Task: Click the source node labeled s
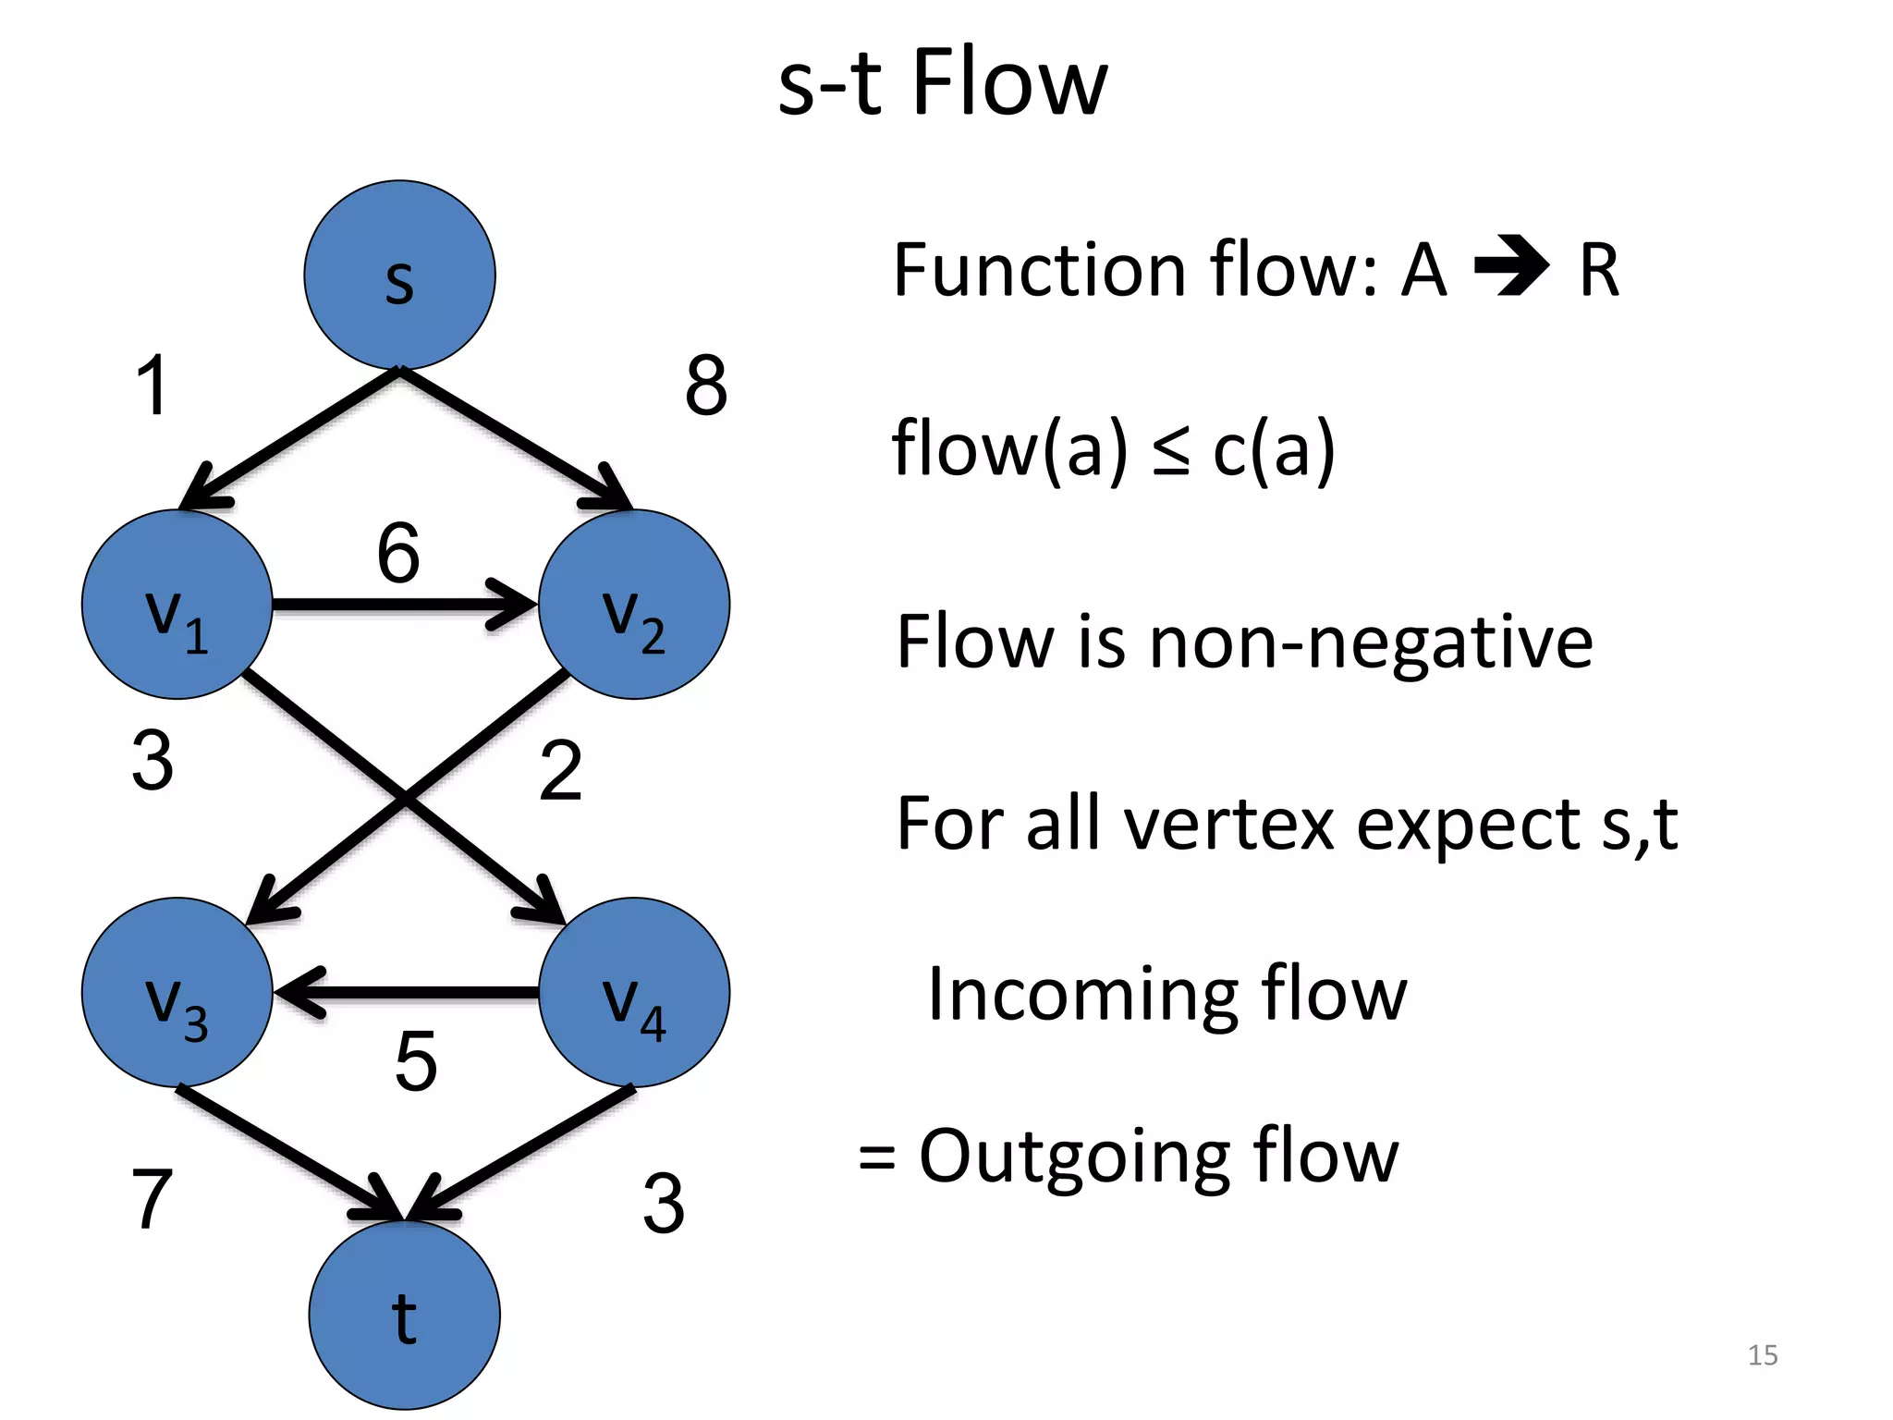pos(399,275)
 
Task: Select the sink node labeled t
pos(404,1315)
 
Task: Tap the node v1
pos(177,605)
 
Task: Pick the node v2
pos(634,605)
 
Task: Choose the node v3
pos(177,992)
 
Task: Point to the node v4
pos(634,992)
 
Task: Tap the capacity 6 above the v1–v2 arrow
pos(398,553)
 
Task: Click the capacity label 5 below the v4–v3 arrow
pos(415,1061)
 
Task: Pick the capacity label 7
pos(153,1198)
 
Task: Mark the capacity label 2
pos(560,770)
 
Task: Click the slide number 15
pos(1763,1354)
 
